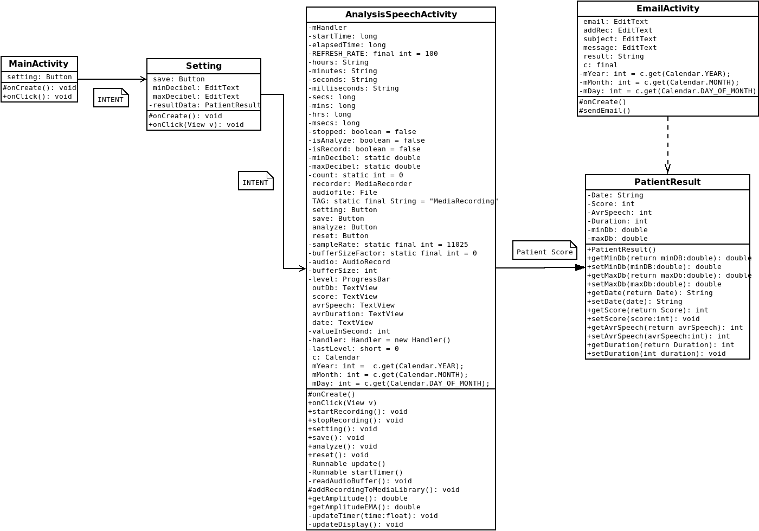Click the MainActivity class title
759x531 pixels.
coord(38,64)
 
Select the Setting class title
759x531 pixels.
coord(204,66)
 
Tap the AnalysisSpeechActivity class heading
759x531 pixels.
coord(401,15)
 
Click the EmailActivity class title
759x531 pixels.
coord(667,9)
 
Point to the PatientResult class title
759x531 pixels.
coord(667,182)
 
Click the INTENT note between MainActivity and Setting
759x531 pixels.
coord(111,98)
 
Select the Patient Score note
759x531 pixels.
coord(544,251)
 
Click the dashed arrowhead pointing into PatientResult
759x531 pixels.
coord(667,168)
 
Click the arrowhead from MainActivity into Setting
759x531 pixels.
coord(143,79)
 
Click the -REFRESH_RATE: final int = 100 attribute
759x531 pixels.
coord(373,54)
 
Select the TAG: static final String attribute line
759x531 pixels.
coord(404,201)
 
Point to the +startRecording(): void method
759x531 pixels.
coord(358,412)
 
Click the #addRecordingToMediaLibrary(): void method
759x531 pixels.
coord(384,490)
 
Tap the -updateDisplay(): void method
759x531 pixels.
coord(356,524)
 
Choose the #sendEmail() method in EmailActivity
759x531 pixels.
coord(605,111)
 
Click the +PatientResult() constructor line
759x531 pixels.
coord(622,249)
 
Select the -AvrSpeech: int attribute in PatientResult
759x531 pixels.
coord(620,213)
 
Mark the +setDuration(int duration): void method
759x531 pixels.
coord(657,354)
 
